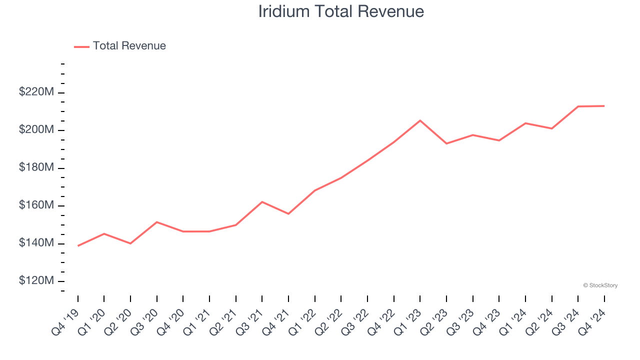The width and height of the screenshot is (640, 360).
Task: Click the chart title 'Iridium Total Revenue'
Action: pos(341,11)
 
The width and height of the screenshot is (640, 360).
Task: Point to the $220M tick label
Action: pos(36,92)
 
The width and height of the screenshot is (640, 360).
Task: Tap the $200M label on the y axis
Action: pos(36,130)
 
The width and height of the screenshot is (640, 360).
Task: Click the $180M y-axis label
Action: pos(36,167)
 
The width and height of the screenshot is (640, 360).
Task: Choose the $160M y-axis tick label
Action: pos(36,205)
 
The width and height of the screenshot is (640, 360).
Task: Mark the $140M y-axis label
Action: pos(36,243)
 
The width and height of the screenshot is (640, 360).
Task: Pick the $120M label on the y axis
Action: pos(36,281)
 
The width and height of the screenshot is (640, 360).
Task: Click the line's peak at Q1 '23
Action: pos(420,120)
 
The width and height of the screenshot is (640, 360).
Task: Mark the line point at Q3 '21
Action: pos(262,202)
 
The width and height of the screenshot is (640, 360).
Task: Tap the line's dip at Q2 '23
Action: pos(446,143)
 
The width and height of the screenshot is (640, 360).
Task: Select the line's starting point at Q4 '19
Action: pos(78,245)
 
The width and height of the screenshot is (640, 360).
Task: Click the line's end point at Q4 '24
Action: pos(604,106)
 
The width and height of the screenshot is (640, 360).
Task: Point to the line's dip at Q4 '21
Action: pos(288,214)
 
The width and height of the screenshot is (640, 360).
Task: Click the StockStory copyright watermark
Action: pos(600,285)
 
